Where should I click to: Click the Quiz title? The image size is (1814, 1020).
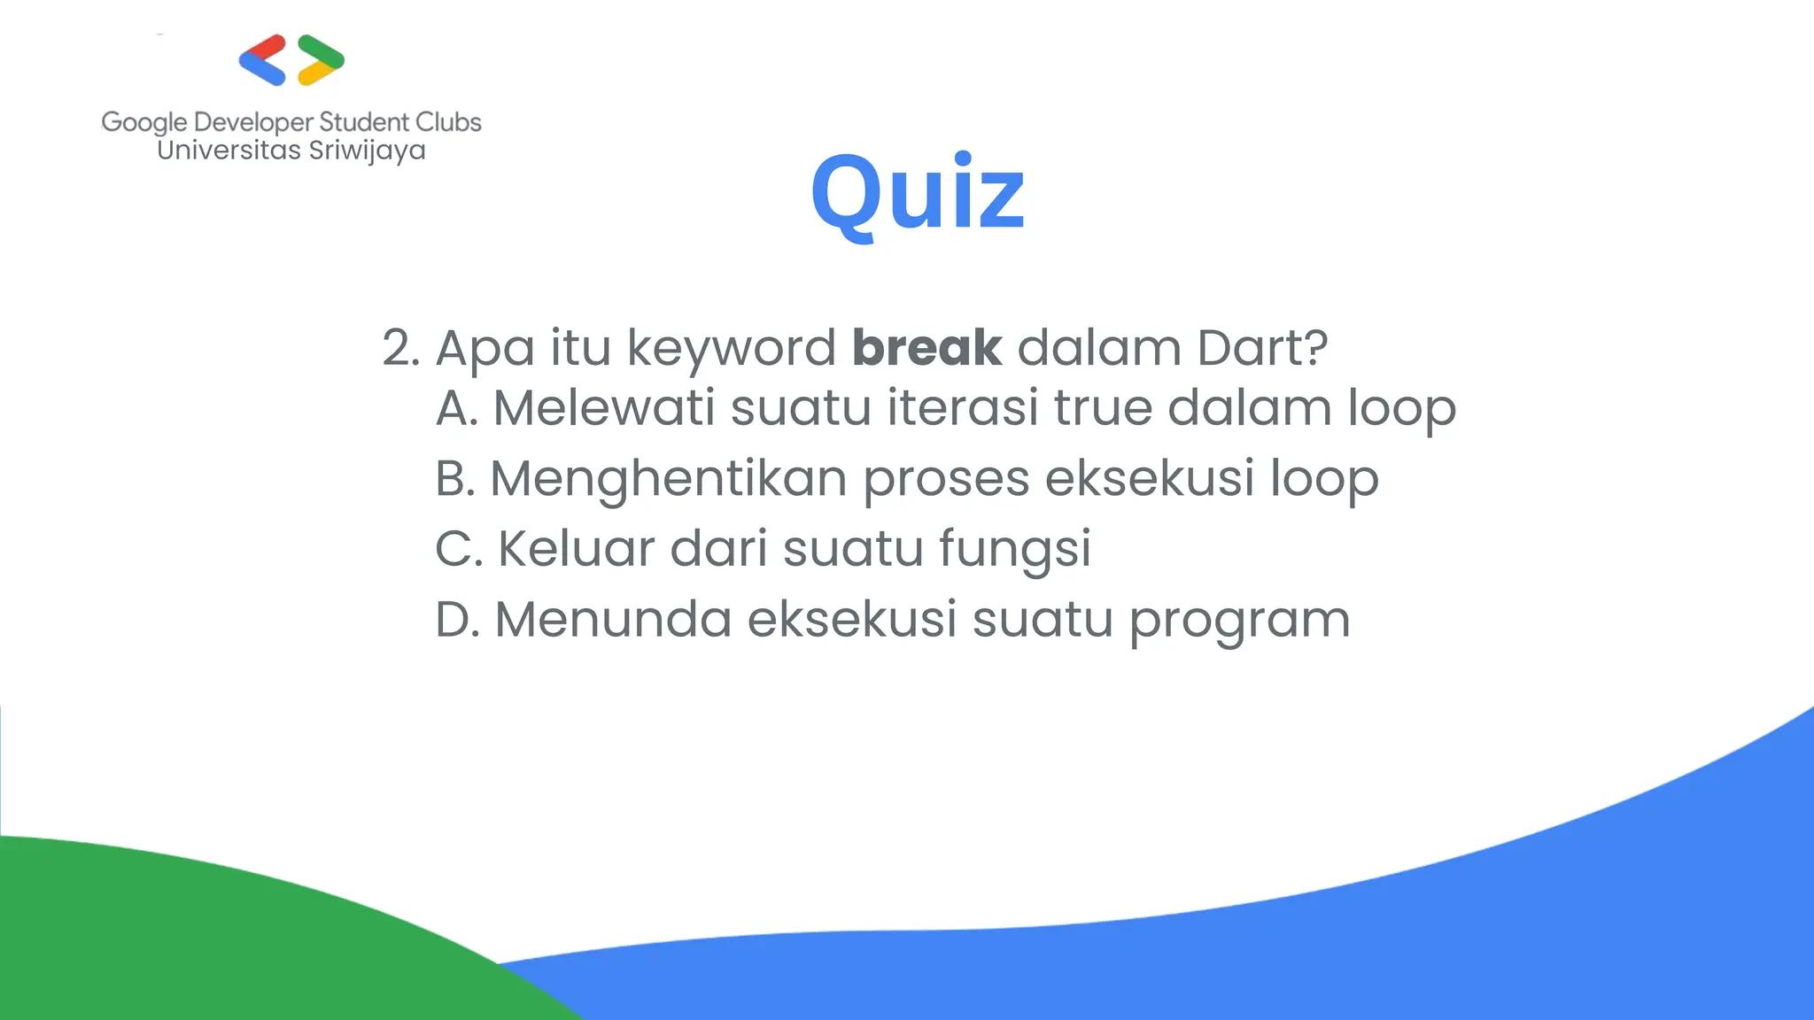click(918, 193)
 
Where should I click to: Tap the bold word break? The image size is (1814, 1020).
click(926, 347)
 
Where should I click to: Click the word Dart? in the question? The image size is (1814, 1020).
click(1262, 347)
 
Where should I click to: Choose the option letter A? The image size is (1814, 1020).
click(455, 408)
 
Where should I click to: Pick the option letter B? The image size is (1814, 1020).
click(454, 479)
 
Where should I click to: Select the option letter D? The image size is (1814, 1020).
click(456, 619)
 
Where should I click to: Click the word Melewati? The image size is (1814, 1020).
click(603, 408)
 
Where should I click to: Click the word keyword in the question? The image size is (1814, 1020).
click(731, 349)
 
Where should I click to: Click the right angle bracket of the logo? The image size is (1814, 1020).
click(321, 60)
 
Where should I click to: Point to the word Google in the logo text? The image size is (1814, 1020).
click(144, 123)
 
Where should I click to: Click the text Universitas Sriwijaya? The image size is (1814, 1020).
click(291, 151)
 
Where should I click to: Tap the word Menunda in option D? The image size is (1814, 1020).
click(612, 619)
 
